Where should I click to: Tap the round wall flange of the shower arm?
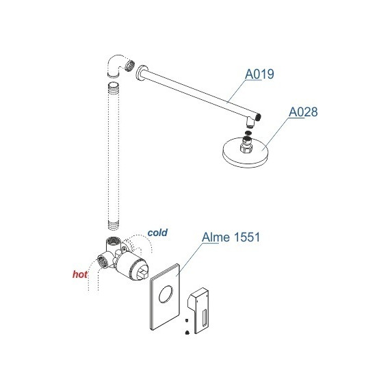tap(140, 73)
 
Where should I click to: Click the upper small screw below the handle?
tap(186, 319)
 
